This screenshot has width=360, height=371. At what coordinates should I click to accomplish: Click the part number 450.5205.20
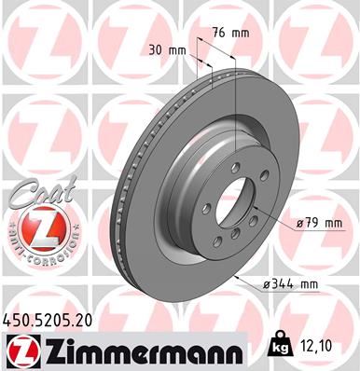coord(48,320)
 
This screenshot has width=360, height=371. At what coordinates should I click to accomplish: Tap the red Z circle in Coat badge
coord(35,227)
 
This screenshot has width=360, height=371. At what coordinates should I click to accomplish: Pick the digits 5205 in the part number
coord(48,320)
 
